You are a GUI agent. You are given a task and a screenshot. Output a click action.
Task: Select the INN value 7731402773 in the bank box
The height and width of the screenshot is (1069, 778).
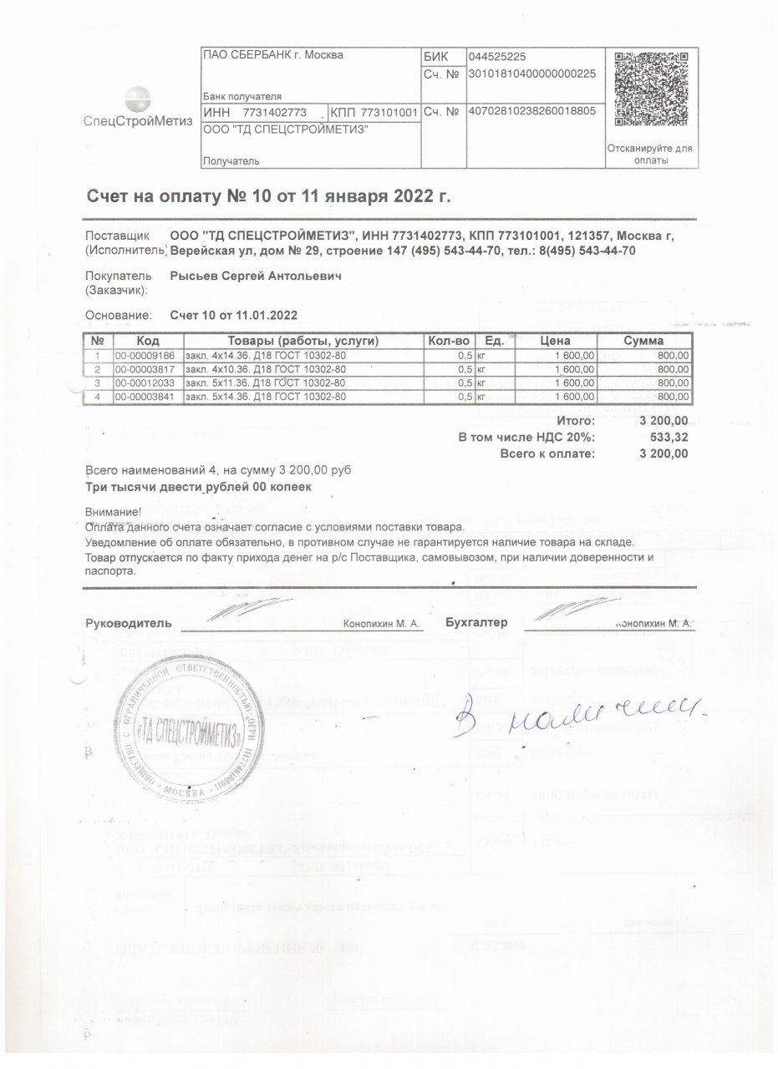tap(275, 112)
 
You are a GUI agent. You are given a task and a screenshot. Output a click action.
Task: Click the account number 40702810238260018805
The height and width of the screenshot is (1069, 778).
tap(532, 111)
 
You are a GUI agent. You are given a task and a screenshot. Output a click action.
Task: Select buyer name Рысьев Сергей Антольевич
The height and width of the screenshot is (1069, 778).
tap(256, 276)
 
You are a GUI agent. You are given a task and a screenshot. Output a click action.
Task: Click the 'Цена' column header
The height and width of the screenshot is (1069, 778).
tap(555, 342)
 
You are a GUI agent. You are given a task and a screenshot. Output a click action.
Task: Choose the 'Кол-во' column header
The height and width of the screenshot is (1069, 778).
tap(450, 342)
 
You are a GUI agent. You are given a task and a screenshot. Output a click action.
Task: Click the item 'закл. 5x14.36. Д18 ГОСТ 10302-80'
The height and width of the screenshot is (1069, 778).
tap(265, 396)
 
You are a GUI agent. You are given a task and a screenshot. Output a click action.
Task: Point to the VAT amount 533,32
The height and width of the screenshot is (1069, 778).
tap(668, 437)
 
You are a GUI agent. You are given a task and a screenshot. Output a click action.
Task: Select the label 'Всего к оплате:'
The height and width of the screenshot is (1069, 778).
tap(547, 453)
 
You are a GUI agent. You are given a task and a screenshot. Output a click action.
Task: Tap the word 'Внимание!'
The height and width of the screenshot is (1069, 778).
tap(114, 512)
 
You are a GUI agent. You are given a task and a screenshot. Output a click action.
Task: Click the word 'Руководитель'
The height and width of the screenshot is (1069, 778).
tap(129, 623)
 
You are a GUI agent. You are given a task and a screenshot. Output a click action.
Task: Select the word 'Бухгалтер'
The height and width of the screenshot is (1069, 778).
tap(477, 623)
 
